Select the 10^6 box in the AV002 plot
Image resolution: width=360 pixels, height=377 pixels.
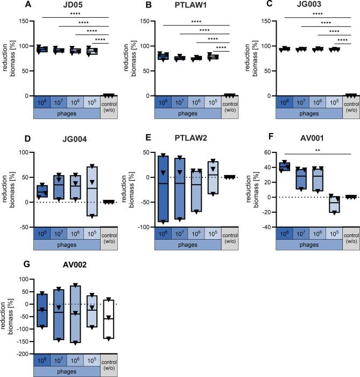pyautogui.click(x=76, y=313)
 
